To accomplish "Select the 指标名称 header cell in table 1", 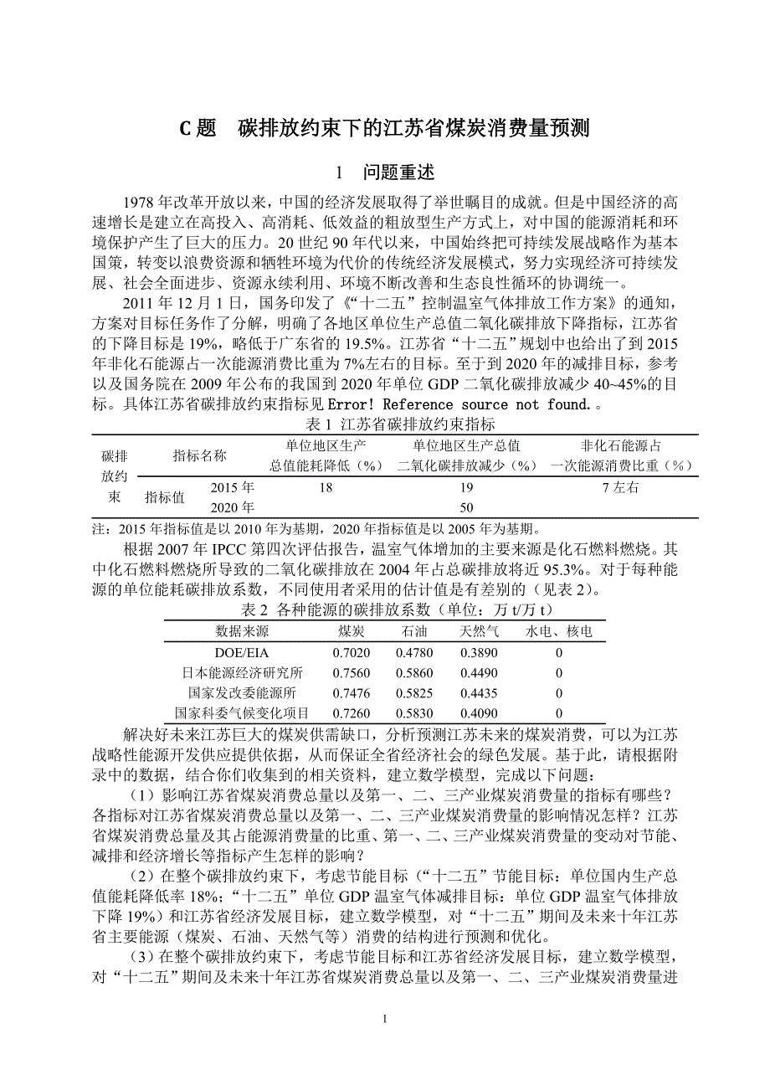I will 199,455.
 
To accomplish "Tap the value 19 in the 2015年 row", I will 466,487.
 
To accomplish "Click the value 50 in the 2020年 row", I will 466,506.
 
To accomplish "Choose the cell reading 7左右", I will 620,487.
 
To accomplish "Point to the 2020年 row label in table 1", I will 232,506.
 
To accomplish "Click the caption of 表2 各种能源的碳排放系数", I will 384,609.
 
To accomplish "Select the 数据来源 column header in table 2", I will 242,631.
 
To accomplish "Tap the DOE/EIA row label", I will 242,652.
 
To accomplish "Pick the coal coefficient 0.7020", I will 351,652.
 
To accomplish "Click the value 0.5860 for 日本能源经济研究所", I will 414,673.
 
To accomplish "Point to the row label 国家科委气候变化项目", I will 242,713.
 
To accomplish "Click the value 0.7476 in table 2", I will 351,693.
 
